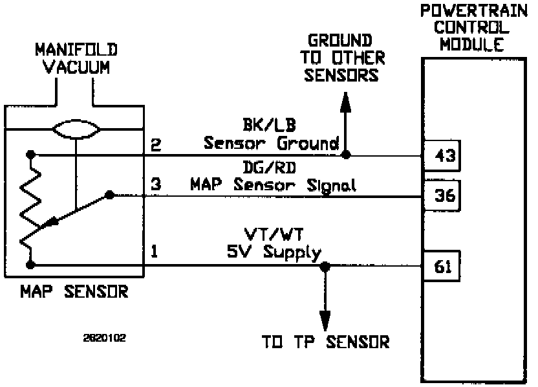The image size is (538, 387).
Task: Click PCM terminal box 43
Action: point(442,155)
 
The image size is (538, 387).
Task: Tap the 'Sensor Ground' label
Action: point(272,143)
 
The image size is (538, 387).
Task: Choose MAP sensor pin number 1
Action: point(155,250)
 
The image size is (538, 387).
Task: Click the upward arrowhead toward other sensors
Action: point(347,102)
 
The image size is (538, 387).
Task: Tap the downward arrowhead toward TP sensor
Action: point(325,320)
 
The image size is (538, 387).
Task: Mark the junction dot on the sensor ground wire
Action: point(347,155)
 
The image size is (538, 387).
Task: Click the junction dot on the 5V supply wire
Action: point(325,265)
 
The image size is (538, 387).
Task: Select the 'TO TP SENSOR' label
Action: point(325,342)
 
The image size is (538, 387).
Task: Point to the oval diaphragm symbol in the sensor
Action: point(76,131)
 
